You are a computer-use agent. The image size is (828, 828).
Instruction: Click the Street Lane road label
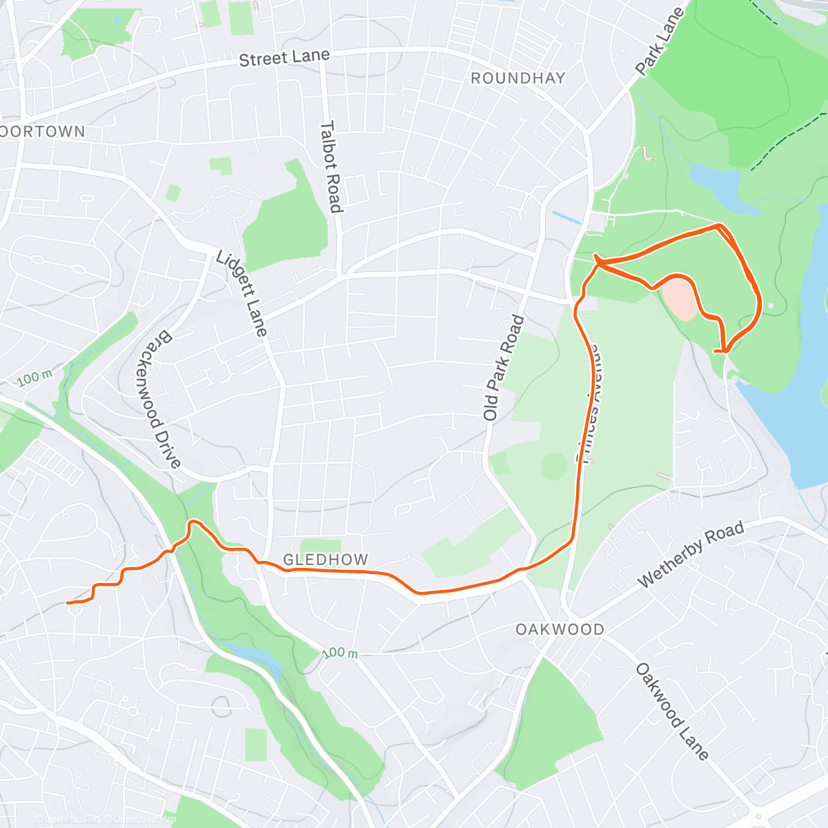[x=284, y=58]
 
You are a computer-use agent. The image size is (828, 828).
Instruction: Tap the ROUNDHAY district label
[x=517, y=79]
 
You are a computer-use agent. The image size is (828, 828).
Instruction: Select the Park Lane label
[x=660, y=41]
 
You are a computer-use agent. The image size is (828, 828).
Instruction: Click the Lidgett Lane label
[x=241, y=293]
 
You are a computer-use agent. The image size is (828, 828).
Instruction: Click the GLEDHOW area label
[x=326, y=560]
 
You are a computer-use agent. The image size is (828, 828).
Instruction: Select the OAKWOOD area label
[x=560, y=629]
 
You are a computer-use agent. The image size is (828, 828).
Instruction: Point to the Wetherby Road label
[x=691, y=555]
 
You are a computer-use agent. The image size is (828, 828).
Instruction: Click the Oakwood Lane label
[x=672, y=711]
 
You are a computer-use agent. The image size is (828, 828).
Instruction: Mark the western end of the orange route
[x=68, y=602]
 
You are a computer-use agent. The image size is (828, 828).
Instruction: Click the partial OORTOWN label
[x=43, y=132]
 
